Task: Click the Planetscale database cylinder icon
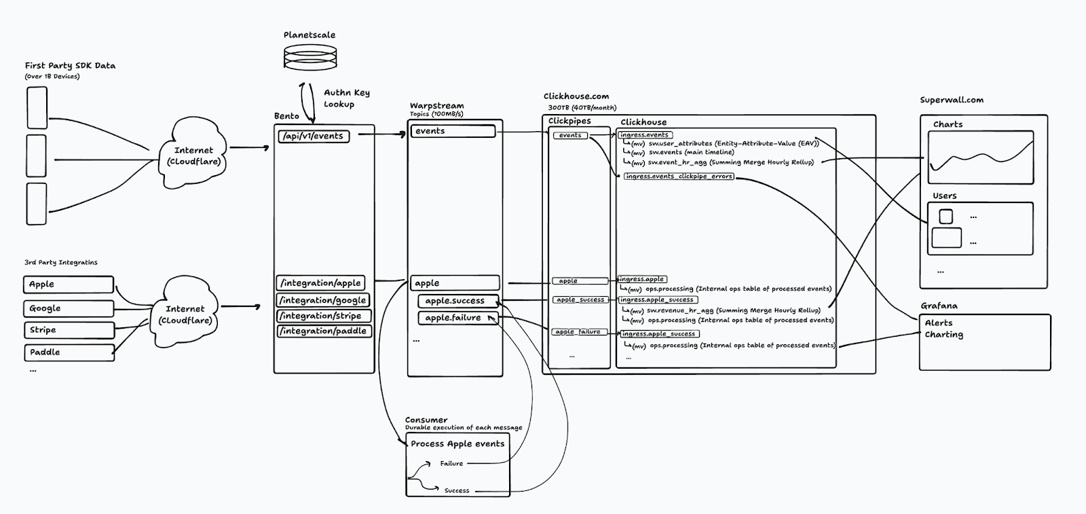[310, 57]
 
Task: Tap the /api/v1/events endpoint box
[314, 136]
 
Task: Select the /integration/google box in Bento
[323, 300]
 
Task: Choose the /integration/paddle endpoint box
[324, 331]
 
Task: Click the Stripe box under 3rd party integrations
[69, 330]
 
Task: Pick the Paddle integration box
[69, 352]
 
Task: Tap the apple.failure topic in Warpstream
[458, 318]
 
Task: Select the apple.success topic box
[458, 301]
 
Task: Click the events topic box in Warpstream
[453, 131]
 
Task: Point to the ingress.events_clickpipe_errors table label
[679, 177]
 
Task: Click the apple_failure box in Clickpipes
[580, 332]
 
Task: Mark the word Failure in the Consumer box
[451, 464]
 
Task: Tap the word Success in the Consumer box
[457, 491]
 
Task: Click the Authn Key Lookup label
[347, 98]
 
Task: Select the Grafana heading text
[939, 306]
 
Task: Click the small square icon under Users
[945, 217]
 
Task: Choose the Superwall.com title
[952, 100]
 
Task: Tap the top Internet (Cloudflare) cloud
[193, 152]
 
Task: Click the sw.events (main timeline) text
[692, 152]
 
